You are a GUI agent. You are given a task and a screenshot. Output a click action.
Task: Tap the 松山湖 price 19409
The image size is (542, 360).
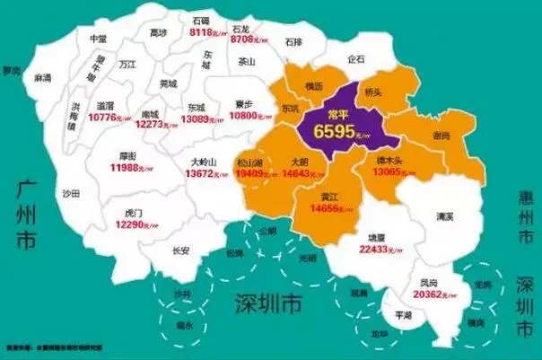pos(254,172)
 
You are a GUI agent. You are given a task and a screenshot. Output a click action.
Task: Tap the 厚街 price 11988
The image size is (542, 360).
pos(128,168)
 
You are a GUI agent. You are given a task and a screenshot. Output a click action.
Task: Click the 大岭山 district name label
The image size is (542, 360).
pos(208,162)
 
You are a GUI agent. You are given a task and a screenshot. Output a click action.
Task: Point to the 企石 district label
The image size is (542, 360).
pos(355,59)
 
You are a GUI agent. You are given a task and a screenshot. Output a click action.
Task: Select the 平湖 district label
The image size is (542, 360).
pos(403,316)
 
